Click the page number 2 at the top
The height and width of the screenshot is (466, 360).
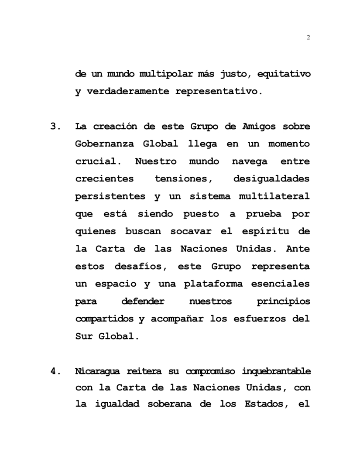(309, 38)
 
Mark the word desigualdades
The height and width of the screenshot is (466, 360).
(271, 179)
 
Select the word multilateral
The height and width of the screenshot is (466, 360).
(274, 196)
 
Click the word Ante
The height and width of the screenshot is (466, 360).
(298, 249)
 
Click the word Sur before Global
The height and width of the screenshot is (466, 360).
(84, 336)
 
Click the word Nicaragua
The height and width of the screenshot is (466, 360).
(98, 371)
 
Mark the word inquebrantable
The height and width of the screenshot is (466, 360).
(277, 371)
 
